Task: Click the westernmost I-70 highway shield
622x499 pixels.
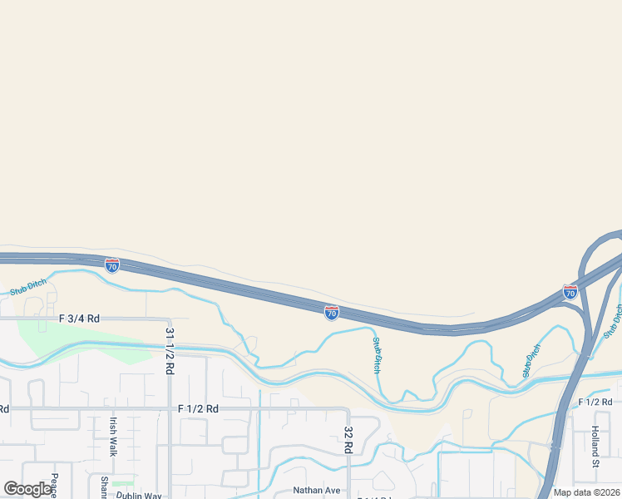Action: pyautogui.click(x=112, y=265)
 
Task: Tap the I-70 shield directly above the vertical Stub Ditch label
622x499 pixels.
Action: pyautogui.click(x=331, y=312)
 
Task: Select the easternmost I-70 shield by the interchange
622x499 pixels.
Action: pyautogui.click(x=570, y=292)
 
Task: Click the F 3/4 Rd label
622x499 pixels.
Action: pyautogui.click(x=79, y=319)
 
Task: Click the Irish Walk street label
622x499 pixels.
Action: pyautogui.click(x=112, y=437)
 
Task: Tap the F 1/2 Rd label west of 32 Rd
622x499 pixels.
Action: pyautogui.click(x=198, y=408)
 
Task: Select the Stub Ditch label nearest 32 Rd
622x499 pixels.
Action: pyautogui.click(x=376, y=354)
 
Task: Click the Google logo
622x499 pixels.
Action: pyautogui.click(x=28, y=489)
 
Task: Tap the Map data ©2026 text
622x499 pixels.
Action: pyautogui.click(x=587, y=492)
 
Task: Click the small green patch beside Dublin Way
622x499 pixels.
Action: pyautogui.click(x=124, y=483)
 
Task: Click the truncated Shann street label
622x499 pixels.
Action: pyautogui.click(x=105, y=487)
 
